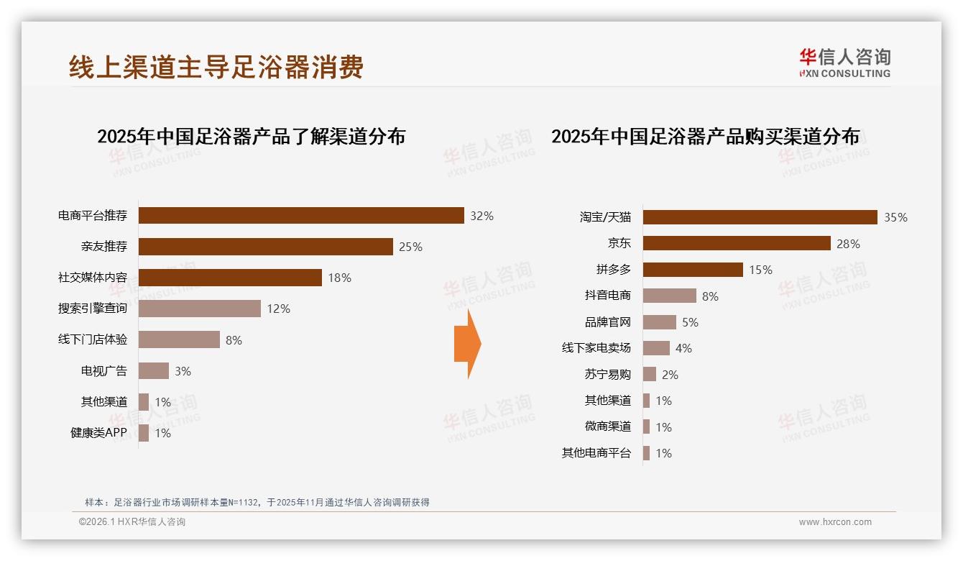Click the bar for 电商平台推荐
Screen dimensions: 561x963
tap(301, 215)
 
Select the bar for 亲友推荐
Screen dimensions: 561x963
tap(265, 247)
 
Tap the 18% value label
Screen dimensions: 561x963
tap(339, 278)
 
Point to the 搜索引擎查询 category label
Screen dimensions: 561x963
tap(93, 309)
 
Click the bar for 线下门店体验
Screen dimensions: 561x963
tap(179, 339)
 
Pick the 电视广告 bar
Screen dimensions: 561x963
tap(153, 370)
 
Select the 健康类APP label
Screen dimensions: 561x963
tap(98, 433)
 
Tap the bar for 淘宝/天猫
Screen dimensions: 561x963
tap(760, 217)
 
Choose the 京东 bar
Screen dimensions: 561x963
tap(737, 243)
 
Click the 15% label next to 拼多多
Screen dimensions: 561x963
tap(760, 270)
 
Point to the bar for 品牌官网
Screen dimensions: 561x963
tap(659, 322)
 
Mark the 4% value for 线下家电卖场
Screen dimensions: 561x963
tap(683, 348)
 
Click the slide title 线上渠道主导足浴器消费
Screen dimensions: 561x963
tap(216, 67)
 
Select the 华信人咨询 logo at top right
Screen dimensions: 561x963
tap(844, 63)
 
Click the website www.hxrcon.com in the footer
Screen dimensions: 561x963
tap(835, 522)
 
